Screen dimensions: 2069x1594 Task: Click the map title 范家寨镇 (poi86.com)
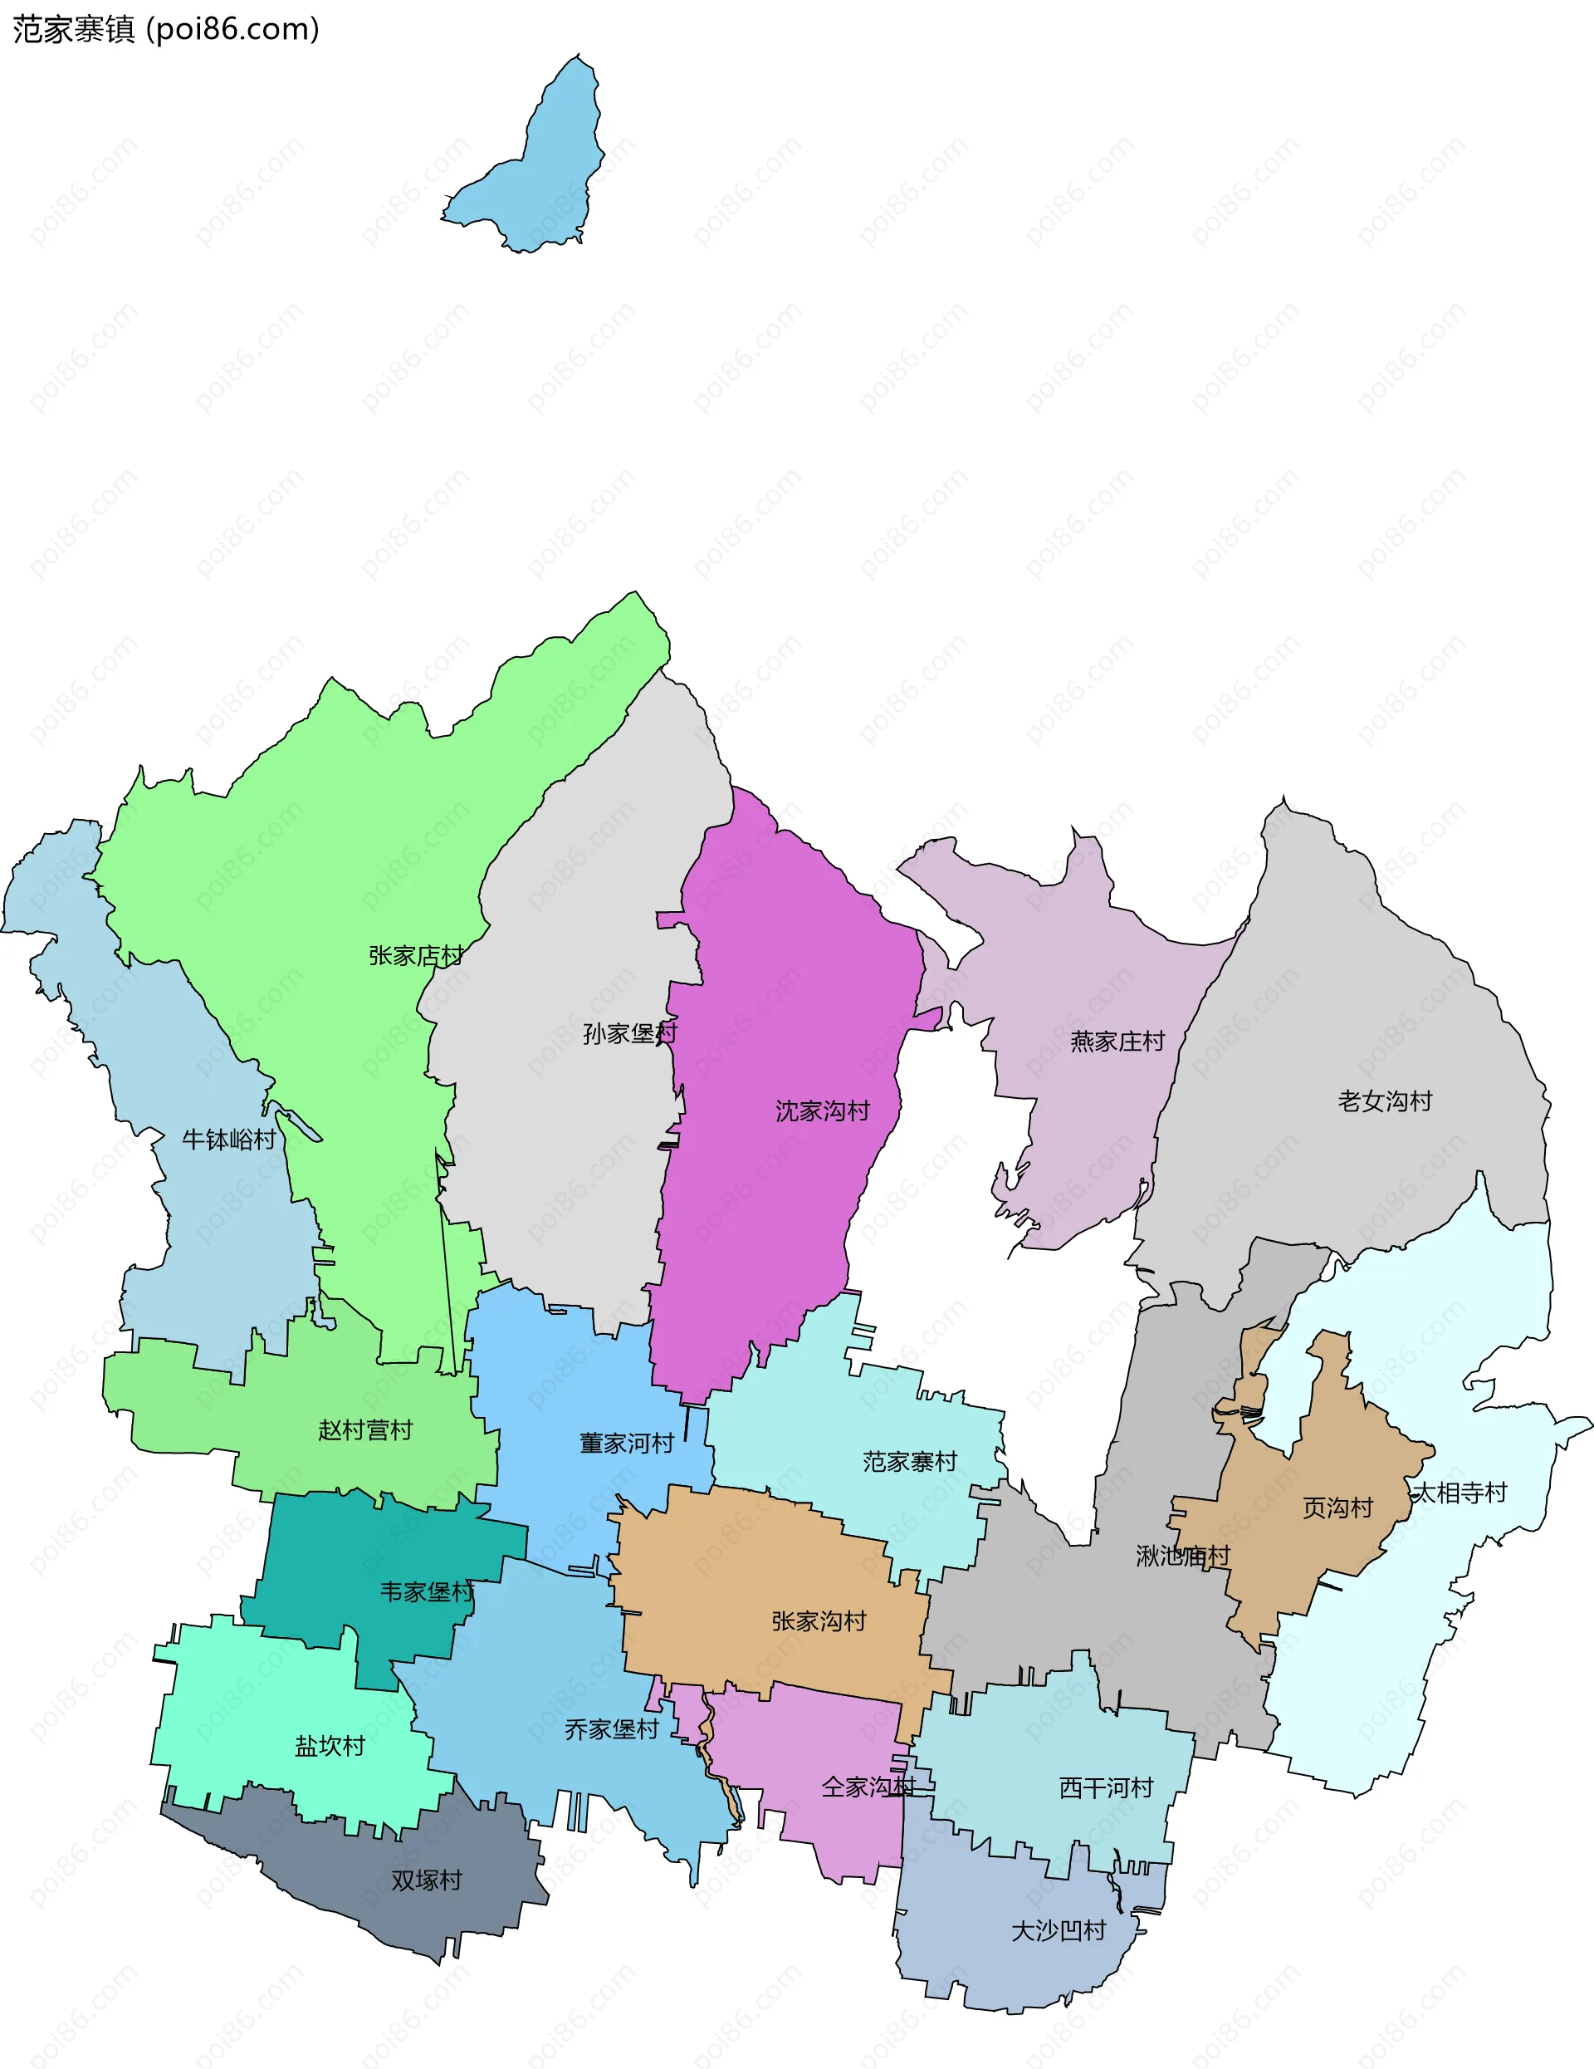(x=166, y=29)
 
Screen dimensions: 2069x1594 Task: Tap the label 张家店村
(x=416, y=956)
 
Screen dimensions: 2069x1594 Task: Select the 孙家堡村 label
(x=630, y=1033)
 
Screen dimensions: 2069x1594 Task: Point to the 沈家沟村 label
(x=822, y=1111)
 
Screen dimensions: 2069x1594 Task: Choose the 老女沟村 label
(x=1385, y=1101)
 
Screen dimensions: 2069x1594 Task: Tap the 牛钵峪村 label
(x=229, y=1140)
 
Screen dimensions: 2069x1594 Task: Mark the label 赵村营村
(x=365, y=1430)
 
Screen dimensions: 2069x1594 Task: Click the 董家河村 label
(x=627, y=1444)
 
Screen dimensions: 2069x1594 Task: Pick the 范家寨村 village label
(x=910, y=1462)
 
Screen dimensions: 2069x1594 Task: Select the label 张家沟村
(x=819, y=1622)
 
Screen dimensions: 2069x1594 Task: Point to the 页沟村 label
(x=1337, y=1508)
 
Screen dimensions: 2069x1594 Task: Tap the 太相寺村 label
(x=1460, y=1494)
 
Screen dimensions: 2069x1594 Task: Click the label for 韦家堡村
(x=426, y=1592)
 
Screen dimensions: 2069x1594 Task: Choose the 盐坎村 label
(x=330, y=1746)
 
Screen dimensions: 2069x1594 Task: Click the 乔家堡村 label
(x=612, y=1730)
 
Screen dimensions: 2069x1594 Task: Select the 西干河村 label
(x=1106, y=1788)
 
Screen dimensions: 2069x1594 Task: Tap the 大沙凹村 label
(x=1059, y=1932)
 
